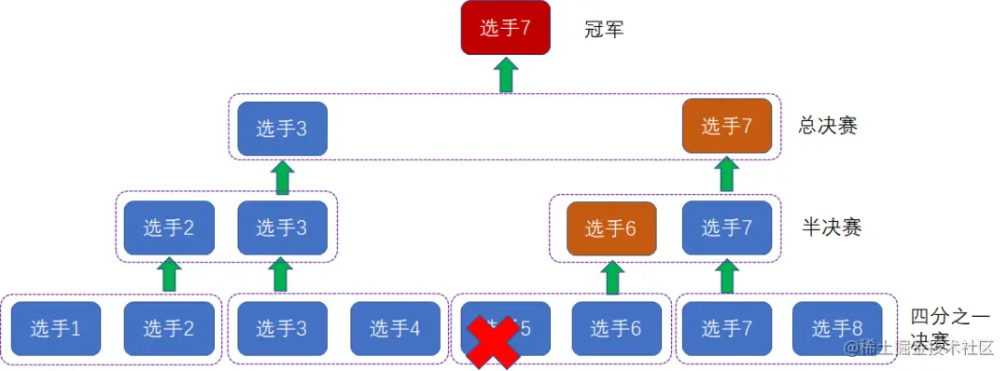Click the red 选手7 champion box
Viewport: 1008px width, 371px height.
coord(505,28)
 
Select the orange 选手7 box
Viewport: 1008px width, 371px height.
coord(727,127)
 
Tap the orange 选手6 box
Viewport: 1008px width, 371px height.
coord(612,227)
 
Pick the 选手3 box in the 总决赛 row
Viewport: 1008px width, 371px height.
coord(282,128)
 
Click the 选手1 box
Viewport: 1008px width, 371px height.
coord(56,328)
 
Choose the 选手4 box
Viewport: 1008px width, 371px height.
coord(396,328)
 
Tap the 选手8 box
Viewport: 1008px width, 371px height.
coord(836,328)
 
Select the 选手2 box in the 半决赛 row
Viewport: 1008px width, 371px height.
coord(169,227)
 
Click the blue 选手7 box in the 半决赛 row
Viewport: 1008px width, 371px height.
coord(727,227)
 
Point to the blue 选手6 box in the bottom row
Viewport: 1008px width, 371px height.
coord(617,328)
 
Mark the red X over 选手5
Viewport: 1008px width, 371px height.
coord(494,341)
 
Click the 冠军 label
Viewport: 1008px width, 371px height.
coord(604,29)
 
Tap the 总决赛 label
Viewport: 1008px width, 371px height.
coord(828,126)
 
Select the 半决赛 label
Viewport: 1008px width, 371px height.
coord(832,227)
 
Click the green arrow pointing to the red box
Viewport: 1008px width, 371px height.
coord(505,76)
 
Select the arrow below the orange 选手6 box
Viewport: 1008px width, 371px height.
coord(612,277)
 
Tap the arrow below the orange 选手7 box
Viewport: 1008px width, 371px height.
coord(727,175)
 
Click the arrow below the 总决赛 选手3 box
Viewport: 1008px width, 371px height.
coord(282,176)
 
